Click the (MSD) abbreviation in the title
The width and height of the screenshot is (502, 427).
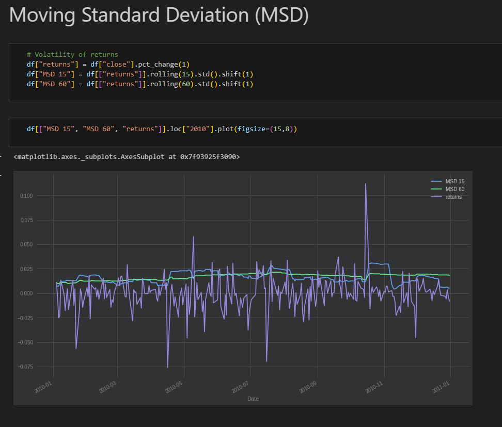(282, 15)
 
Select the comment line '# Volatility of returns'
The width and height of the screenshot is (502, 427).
(72, 54)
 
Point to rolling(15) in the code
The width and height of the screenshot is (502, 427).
(172, 74)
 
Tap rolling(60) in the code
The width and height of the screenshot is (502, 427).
(172, 84)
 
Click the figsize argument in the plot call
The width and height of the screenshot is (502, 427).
(252, 129)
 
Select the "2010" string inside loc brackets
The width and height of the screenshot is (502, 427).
(198, 129)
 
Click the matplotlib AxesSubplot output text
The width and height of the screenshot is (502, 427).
(127, 156)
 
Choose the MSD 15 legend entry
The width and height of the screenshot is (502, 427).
(448, 182)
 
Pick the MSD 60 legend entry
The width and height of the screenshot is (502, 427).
(448, 189)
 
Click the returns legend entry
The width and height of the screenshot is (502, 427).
(446, 197)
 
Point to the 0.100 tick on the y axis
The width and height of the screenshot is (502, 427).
(26, 196)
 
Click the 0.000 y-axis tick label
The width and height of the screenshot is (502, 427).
(26, 293)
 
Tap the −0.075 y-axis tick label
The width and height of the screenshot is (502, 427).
(25, 367)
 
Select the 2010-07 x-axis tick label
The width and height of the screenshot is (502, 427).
(240, 387)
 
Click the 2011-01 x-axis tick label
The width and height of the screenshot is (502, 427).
(441, 387)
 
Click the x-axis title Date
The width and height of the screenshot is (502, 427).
(253, 399)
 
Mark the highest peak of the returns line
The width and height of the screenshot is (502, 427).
(366, 184)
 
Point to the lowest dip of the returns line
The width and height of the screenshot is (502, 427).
(167, 368)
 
